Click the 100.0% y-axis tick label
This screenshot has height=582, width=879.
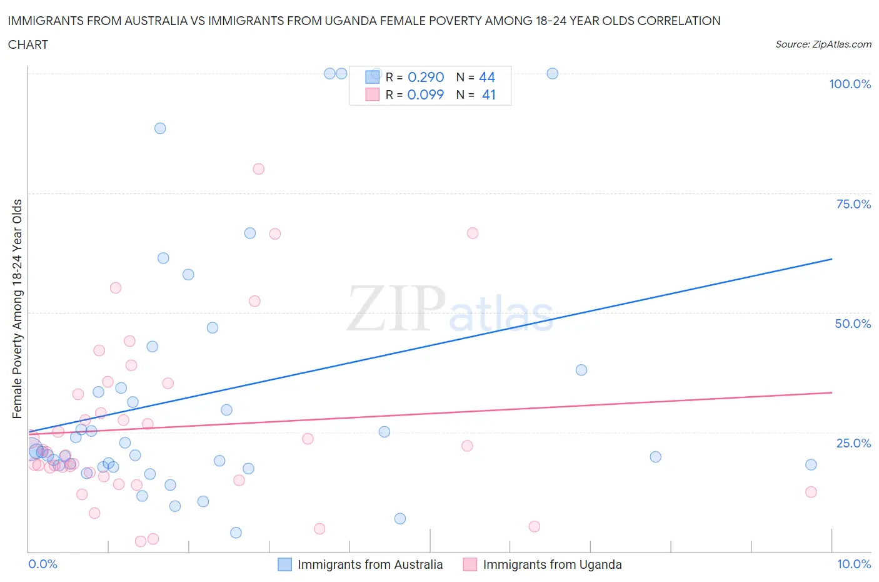(850, 84)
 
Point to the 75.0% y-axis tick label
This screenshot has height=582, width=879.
(853, 204)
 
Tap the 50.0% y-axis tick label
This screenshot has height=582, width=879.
(853, 324)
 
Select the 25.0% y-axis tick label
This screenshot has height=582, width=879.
(853, 443)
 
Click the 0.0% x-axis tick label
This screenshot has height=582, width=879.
(43, 564)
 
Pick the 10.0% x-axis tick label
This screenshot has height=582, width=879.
(854, 564)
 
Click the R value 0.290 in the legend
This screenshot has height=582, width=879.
(426, 77)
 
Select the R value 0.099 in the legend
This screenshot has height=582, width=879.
(425, 94)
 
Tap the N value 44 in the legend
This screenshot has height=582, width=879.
(487, 77)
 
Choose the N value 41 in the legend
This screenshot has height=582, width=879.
(489, 94)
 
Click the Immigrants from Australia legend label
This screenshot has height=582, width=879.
(370, 564)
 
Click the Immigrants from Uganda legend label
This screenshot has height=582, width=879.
(552, 564)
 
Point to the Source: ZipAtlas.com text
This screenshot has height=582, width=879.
(823, 44)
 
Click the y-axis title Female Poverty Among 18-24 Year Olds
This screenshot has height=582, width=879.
(18, 309)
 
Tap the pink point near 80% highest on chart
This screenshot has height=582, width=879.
(258, 169)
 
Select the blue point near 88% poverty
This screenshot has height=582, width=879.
(160, 128)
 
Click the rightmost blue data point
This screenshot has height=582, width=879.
(811, 464)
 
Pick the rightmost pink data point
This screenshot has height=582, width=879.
(811, 492)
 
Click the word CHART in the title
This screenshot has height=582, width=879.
(28, 44)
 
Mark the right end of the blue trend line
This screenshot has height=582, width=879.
(831, 258)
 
